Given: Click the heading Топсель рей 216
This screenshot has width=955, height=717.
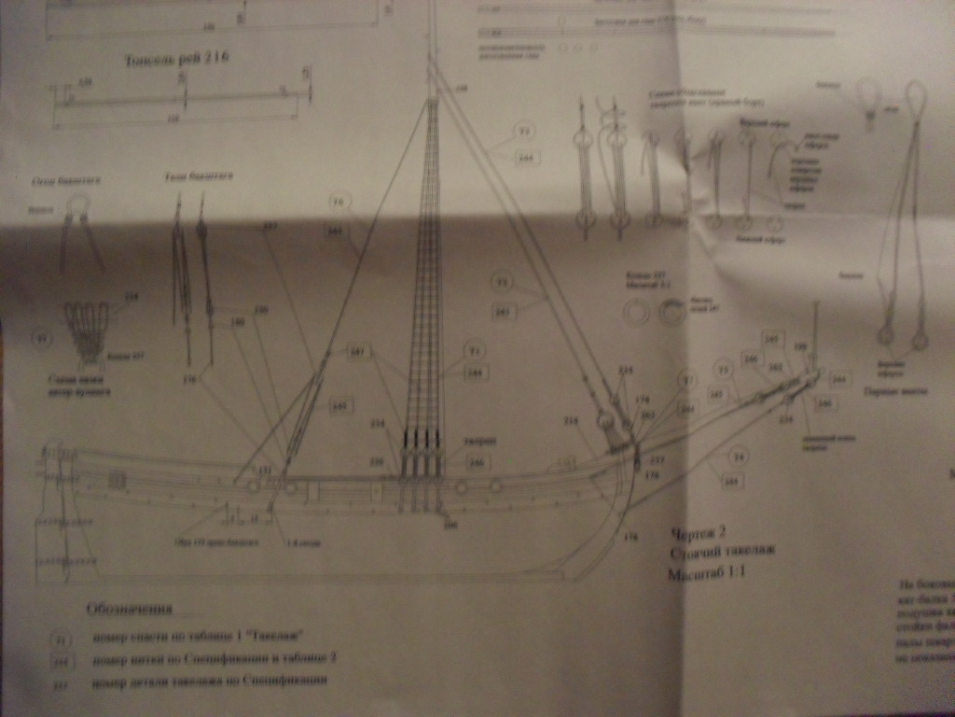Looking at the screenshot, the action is point(176,60).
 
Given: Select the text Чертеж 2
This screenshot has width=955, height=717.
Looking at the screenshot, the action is point(698,534).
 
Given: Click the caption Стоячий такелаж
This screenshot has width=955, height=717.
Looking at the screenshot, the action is point(721,554).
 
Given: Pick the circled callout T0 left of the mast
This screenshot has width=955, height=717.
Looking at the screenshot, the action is point(339,201).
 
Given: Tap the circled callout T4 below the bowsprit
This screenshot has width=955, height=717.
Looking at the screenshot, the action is point(738,456).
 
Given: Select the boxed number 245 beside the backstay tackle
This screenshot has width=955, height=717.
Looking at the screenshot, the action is point(339,406).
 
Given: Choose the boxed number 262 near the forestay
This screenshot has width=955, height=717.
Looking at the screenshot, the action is point(503,313).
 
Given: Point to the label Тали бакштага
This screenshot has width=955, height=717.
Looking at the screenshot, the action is point(197,175).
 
